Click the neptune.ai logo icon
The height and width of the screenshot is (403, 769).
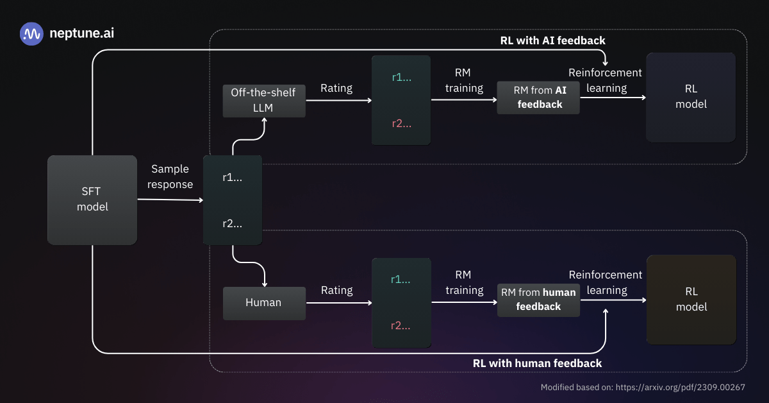(31, 33)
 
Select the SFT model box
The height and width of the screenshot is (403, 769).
(92, 200)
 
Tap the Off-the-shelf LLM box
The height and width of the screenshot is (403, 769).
(263, 100)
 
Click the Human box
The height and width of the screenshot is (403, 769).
(263, 302)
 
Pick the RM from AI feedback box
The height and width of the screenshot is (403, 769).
(538, 98)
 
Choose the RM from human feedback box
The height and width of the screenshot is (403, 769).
(538, 300)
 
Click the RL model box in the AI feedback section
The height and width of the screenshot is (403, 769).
(691, 97)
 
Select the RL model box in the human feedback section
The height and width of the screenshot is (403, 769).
(691, 300)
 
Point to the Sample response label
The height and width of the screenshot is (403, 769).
(170, 176)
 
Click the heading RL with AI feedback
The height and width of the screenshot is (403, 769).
(552, 40)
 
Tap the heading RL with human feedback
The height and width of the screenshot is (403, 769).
(537, 363)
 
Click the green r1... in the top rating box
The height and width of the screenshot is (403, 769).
(401, 77)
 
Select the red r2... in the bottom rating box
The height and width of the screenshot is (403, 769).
(401, 325)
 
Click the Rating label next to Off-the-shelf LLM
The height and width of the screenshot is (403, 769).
(336, 88)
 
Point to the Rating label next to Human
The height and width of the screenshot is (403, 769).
(336, 290)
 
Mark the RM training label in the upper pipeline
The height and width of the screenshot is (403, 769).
(464, 80)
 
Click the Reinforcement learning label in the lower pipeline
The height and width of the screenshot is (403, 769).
(606, 282)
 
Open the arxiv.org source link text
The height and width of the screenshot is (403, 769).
(680, 388)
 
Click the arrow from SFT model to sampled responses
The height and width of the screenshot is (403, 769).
(170, 200)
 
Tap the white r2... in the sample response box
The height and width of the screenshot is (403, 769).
(232, 224)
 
